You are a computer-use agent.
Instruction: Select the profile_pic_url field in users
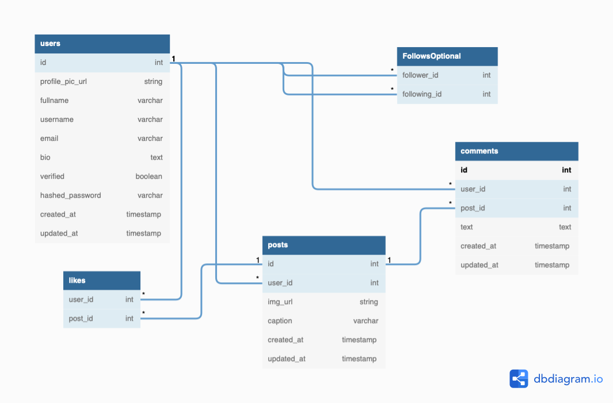click(63, 82)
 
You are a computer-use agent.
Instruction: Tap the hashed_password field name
click(70, 195)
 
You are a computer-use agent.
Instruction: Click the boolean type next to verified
click(149, 176)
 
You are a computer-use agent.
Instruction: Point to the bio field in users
click(45, 158)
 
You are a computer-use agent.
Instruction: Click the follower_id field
click(420, 75)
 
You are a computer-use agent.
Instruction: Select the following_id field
click(422, 94)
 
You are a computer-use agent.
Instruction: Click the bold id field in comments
click(464, 170)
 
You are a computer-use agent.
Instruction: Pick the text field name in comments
click(467, 227)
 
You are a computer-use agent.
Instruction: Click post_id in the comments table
click(473, 208)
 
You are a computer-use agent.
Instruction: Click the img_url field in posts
click(280, 302)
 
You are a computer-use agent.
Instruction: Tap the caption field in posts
click(280, 321)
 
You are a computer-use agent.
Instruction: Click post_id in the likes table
click(81, 318)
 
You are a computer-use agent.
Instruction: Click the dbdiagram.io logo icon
click(519, 379)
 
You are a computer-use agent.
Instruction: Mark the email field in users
click(49, 139)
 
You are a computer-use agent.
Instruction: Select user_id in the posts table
click(280, 283)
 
